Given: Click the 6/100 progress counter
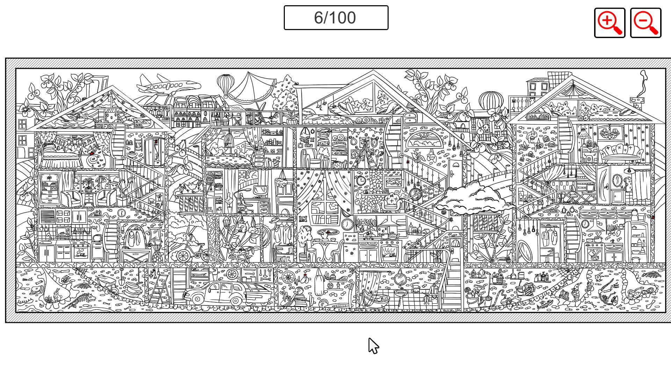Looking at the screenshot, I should [x=335, y=17].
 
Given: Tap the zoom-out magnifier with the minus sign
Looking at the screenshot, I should [x=645, y=23].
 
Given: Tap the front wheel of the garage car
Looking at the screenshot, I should [x=198, y=299].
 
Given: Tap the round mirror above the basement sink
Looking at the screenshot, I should [x=399, y=279].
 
